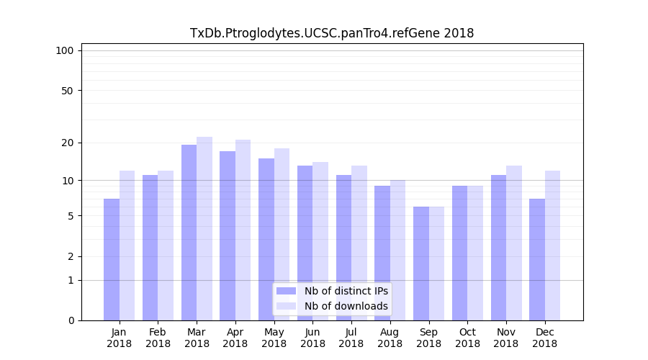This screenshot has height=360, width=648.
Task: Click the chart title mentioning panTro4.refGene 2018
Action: [x=332, y=33]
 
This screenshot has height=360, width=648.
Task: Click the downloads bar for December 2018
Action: [x=552, y=246]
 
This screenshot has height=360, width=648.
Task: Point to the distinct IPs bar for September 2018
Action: [x=421, y=264]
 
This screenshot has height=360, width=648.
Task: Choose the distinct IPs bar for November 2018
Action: [x=498, y=248]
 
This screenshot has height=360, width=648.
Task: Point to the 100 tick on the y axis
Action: [x=65, y=50]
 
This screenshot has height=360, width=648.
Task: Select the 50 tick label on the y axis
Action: [x=67, y=91]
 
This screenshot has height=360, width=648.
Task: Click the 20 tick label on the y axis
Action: [x=67, y=143]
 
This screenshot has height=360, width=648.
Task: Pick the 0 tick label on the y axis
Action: [x=71, y=320]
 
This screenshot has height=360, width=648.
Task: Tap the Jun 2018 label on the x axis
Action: [x=312, y=338]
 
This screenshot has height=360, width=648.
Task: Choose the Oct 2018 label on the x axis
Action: [x=467, y=338]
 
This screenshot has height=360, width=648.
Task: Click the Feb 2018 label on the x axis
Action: [x=158, y=338]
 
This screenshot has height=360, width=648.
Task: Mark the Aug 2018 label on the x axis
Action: [x=390, y=338]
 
